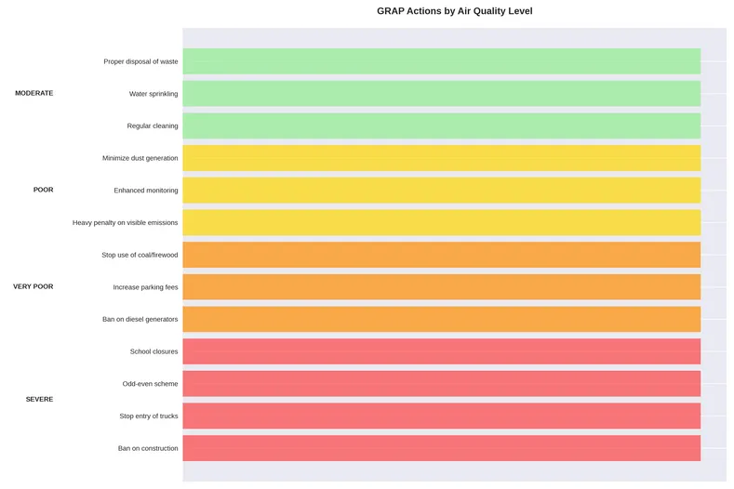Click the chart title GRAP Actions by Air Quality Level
(454, 11)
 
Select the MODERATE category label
(34, 93)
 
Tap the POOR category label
(43, 190)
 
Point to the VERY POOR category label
(33, 286)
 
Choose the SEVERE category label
(39, 399)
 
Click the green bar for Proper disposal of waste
(441, 61)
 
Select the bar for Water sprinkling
(441, 94)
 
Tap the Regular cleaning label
(153, 126)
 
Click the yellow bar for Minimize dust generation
(441, 158)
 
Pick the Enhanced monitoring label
(146, 191)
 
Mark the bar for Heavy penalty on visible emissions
(441, 222)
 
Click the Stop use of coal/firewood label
(140, 255)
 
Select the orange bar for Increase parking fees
(441, 287)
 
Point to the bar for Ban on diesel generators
(441, 319)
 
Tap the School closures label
(153, 351)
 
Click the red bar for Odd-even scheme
(441, 384)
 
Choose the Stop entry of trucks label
(149, 416)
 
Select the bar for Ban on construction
(441, 448)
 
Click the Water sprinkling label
(153, 94)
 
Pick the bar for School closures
(441, 351)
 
